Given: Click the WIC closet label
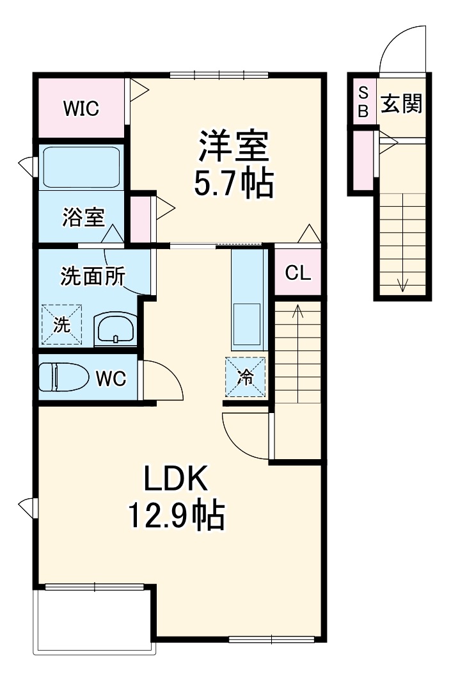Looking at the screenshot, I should click(x=81, y=109).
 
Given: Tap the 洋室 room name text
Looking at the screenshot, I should click(x=233, y=148).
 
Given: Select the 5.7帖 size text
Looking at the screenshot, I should click(x=233, y=184).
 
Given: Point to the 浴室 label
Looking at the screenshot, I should click(x=83, y=218).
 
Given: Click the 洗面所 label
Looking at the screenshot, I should click(x=92, y=276).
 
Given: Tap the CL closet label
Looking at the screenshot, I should click(x=297, y=273).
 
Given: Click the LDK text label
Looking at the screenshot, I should click(x=175, y=478).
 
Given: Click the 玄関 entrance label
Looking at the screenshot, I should click(x=402, y=104).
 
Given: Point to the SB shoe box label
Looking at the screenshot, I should click(x=362, y=101).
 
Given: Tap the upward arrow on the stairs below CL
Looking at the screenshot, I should click(x=297, y=314).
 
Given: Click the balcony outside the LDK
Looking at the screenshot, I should click(x=94, y=619).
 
